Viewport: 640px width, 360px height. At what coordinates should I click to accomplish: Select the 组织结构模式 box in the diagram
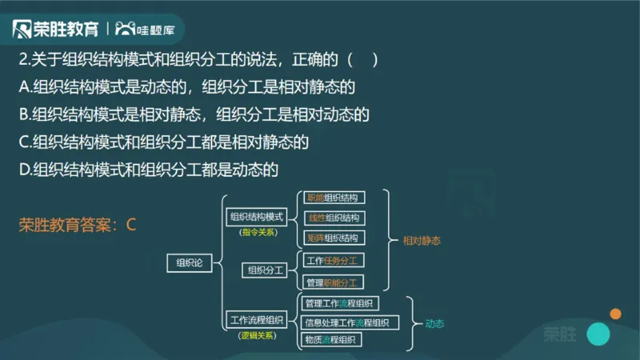(x=257, y=217)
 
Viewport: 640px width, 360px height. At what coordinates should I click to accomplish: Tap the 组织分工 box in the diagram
(x=266, y=270)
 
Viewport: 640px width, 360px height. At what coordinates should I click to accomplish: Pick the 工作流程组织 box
(x=256, y=321)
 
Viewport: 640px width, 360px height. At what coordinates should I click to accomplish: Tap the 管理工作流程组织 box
(x=340, y=303)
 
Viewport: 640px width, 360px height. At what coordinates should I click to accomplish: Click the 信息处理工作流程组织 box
(x=346, y=322)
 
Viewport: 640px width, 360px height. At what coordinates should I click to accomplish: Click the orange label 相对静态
(x=422, y=240)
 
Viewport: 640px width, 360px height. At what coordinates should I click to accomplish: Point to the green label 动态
(x=434, y=324)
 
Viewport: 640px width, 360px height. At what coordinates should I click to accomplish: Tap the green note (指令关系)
(x=257, y=232)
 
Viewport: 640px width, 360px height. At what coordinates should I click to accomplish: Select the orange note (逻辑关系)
(x=257, y=336)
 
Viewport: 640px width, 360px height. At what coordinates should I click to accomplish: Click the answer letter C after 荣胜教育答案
(x=132, y=225)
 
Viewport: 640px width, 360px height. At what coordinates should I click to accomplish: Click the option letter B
(x=24, y=114)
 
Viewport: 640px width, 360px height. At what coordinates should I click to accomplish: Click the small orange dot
(x=615, y=313)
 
